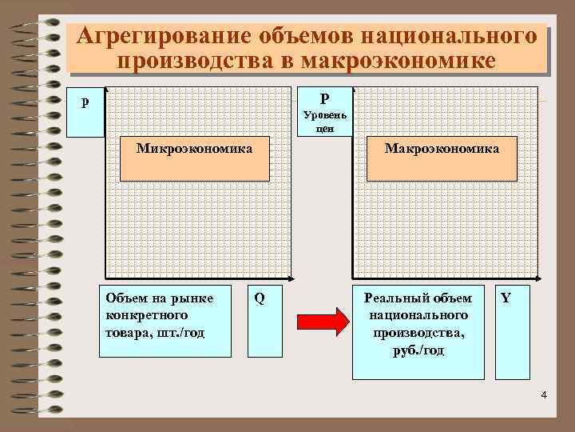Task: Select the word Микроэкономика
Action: pos(194,149)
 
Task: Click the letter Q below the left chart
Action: pos(260,298)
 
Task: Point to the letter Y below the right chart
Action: pos(506,298)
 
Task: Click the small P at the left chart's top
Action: pos(85,103)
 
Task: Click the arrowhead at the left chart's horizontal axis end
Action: pos(293,280)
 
